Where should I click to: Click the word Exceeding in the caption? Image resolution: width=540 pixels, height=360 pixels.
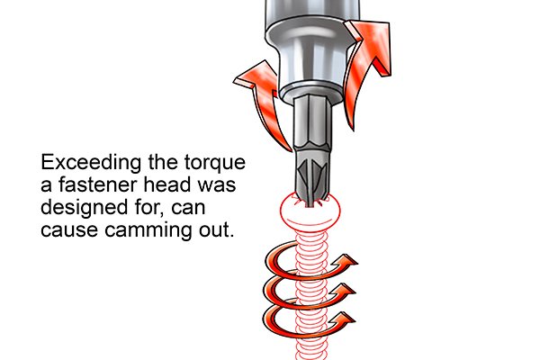(x=91, y=163)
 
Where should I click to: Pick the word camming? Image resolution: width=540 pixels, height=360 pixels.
(x=148, y=230)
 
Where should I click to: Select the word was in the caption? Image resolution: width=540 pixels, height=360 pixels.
(x=217, y=186)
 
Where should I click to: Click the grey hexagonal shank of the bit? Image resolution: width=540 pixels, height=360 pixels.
(x=310, y=124)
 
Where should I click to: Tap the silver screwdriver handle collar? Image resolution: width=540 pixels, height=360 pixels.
(x=311, y=49)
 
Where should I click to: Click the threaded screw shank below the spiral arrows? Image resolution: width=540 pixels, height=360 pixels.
(x=310, y=348)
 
